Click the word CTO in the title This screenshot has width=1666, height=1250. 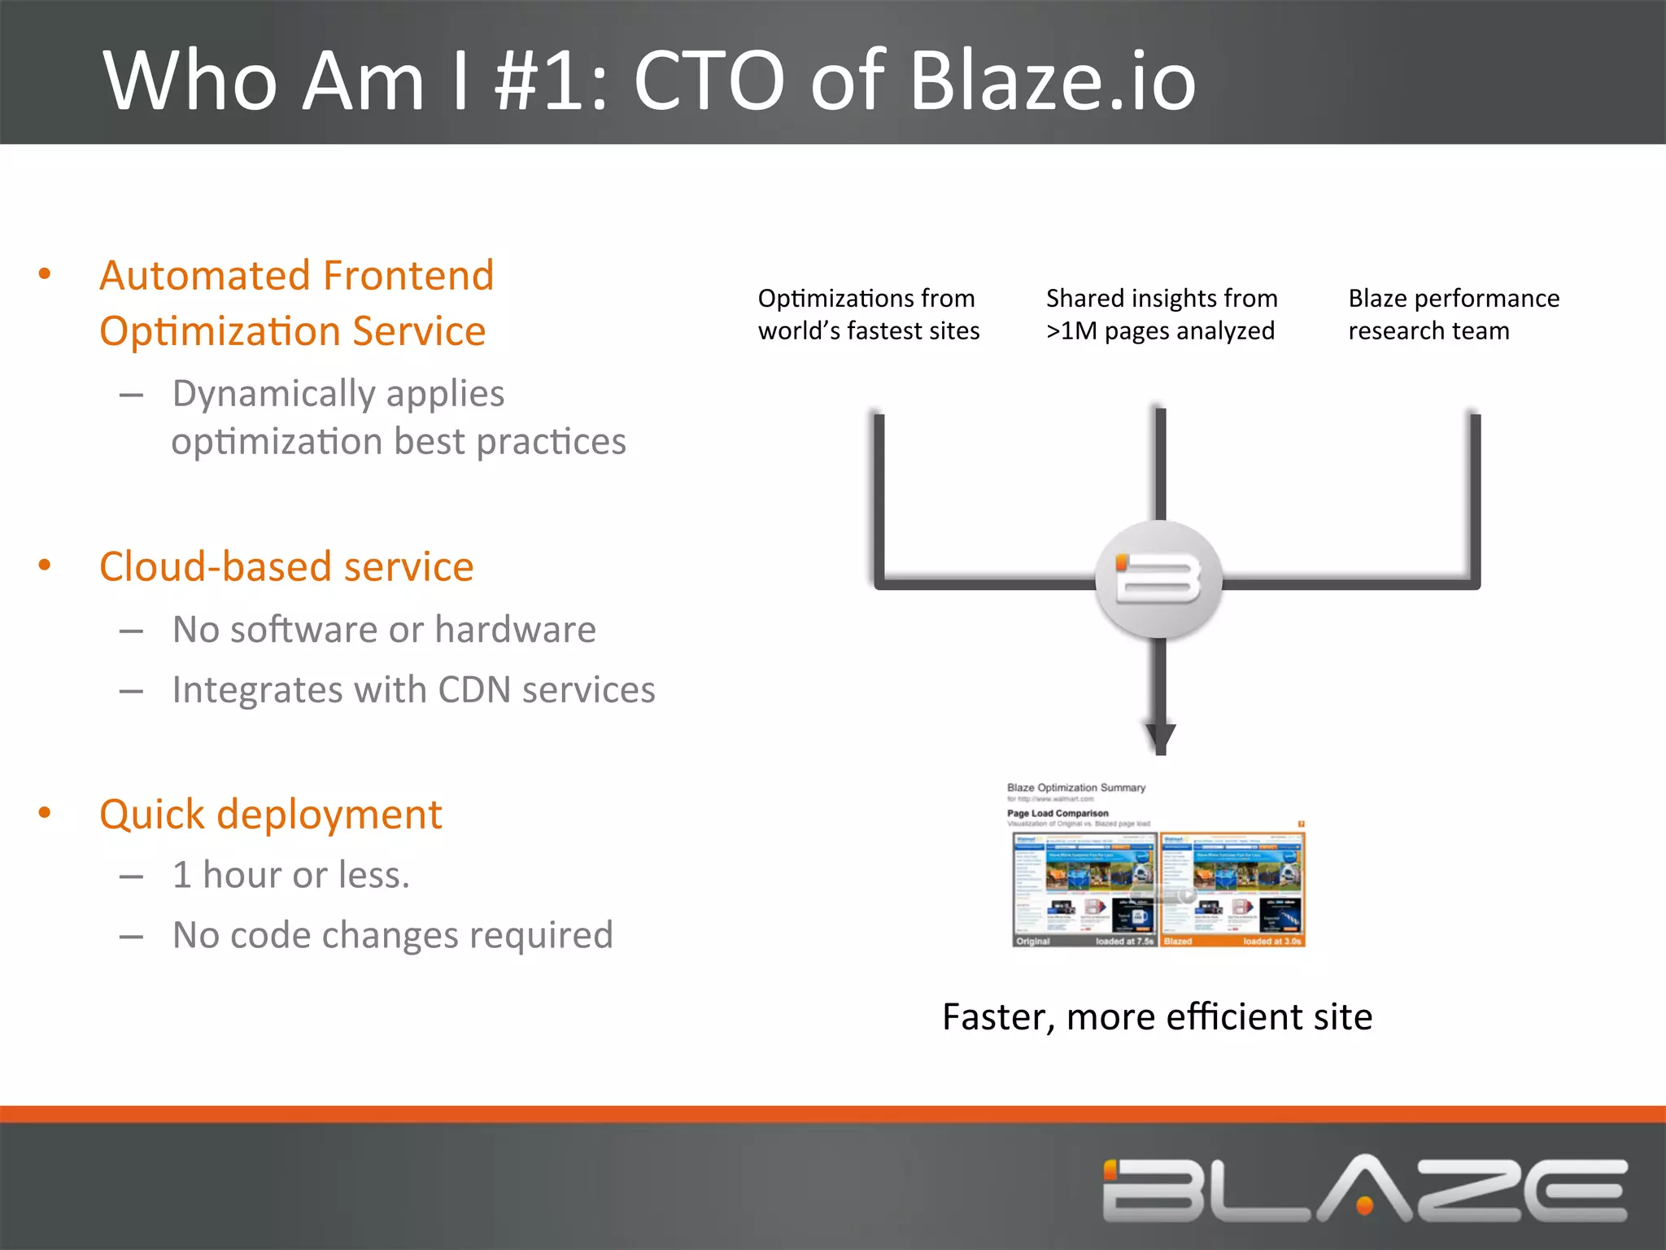709,81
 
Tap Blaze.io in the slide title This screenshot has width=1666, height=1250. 1052,81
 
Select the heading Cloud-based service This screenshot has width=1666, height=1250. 286,566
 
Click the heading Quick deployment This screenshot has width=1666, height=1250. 270,815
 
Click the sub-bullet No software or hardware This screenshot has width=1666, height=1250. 384,630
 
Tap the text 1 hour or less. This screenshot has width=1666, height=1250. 291,876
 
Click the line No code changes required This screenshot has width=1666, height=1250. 392,935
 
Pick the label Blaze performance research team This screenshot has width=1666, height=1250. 1453,314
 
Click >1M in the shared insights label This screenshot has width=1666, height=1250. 1071,331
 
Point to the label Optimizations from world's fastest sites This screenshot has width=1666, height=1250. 868,314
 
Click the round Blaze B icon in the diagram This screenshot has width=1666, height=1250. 1158,579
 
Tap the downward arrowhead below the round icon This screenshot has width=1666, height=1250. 1161,737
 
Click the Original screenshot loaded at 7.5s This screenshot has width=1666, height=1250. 1084,889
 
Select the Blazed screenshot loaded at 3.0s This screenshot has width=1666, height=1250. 1232,889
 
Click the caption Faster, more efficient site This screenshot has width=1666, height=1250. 1157,1017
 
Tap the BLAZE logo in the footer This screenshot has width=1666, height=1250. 1364,1189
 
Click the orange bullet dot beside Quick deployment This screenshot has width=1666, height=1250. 45,812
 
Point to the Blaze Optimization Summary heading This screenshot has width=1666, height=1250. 1075,788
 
